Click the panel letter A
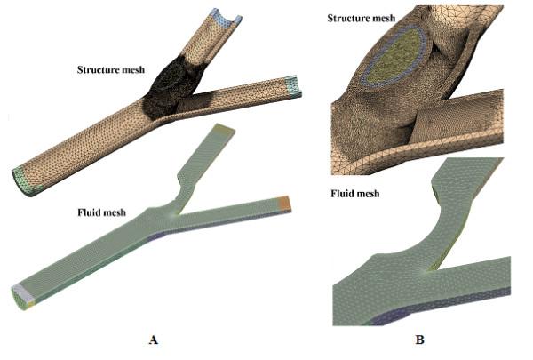click(155, 339)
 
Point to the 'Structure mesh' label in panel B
click(362, 18)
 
